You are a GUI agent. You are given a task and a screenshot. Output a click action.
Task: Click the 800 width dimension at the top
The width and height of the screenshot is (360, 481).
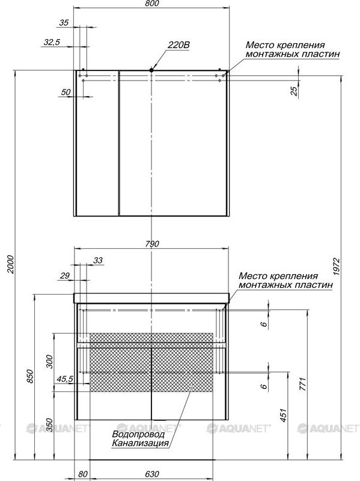click(x=152, y=4)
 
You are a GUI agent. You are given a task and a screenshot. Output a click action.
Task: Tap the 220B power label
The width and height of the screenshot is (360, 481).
click(x=178, y=44)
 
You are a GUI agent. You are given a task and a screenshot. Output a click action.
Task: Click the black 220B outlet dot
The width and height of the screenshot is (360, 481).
click(x=151, y=70)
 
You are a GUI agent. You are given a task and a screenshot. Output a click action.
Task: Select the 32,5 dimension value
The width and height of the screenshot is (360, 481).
click(x=52, y=42)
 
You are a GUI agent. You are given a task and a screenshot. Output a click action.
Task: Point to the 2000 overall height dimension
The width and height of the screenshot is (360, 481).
click(x=11, y=264)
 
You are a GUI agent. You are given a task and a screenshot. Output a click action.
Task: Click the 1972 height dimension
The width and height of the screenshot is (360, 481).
click(x=337, y=266)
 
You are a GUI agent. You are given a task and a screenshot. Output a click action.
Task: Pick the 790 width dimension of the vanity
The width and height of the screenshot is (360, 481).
click(x=152, y=244)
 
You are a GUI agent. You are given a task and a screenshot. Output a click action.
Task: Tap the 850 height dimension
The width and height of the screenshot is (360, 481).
click(x=29, y=376)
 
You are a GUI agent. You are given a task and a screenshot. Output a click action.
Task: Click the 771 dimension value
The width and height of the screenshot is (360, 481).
click(x=302, y=384)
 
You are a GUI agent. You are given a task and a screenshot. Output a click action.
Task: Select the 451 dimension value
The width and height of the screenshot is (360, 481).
click(x=283, y=415)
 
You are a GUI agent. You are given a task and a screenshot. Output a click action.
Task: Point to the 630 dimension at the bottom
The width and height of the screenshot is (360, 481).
click(x=152, y=474)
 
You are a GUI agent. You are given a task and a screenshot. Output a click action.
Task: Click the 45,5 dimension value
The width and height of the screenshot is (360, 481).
click(x=65, y=379)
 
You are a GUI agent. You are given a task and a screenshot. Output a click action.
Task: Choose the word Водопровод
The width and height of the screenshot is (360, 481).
click(x=138, y=434)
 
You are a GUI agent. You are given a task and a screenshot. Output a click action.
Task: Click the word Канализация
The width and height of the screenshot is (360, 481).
click(x=141, y=443)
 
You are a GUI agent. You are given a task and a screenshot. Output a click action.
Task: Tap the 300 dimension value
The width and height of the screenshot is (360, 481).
click(x=49, y=361)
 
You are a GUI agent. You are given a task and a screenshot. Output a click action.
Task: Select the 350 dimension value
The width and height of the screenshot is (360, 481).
click(x=49, y=425)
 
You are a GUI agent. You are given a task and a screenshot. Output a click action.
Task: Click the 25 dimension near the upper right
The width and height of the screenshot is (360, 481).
click(x=294, y=91)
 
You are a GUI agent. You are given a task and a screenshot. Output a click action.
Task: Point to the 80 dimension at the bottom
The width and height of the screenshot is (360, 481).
click(x=83, y=474)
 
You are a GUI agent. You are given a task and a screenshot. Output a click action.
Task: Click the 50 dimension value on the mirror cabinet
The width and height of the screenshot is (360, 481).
click(x=66, y=92)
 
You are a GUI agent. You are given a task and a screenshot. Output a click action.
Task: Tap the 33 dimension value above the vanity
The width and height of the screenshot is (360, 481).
click(x=98, y=260)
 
